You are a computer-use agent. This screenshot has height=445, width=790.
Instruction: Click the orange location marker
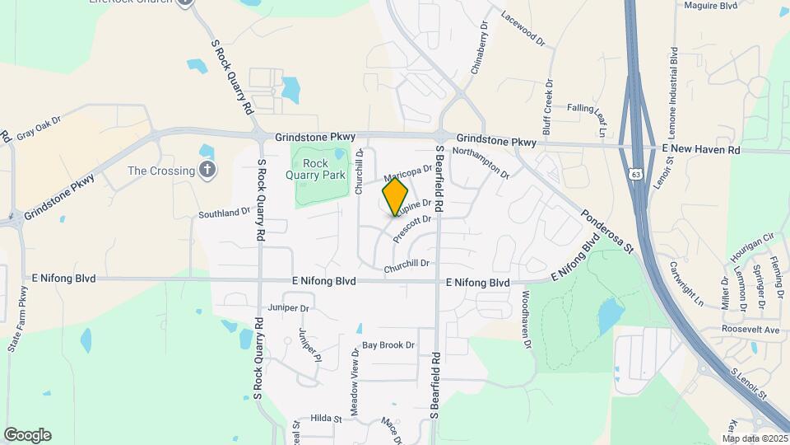point(396,197)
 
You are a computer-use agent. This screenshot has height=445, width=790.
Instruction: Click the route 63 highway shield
point(636,174)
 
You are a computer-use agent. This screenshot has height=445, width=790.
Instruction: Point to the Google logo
point(27,434)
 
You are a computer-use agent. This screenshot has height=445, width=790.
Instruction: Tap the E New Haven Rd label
point(702,150)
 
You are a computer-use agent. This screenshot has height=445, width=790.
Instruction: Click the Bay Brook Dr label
point(388,345)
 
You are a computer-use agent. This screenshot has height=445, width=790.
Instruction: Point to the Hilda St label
point(326,419)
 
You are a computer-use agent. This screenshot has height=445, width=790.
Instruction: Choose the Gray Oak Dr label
point(39,129)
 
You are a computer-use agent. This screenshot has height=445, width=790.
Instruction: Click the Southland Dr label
point(224,213)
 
